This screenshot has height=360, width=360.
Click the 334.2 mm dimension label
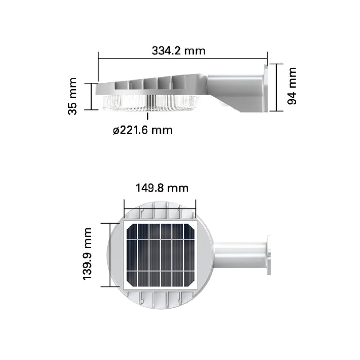coord(178,50)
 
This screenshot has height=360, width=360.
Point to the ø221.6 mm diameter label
coord(142,130)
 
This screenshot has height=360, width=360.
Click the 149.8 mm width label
coord(162,188)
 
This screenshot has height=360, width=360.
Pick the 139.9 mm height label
coord(87,255)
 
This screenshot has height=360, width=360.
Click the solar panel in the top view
coord(160,255)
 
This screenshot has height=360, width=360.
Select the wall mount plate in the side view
coord(265,88)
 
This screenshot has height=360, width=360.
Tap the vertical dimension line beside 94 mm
coord(277,87)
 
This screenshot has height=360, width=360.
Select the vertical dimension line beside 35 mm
coord(92,96)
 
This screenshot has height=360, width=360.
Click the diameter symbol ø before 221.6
coord(116,131)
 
